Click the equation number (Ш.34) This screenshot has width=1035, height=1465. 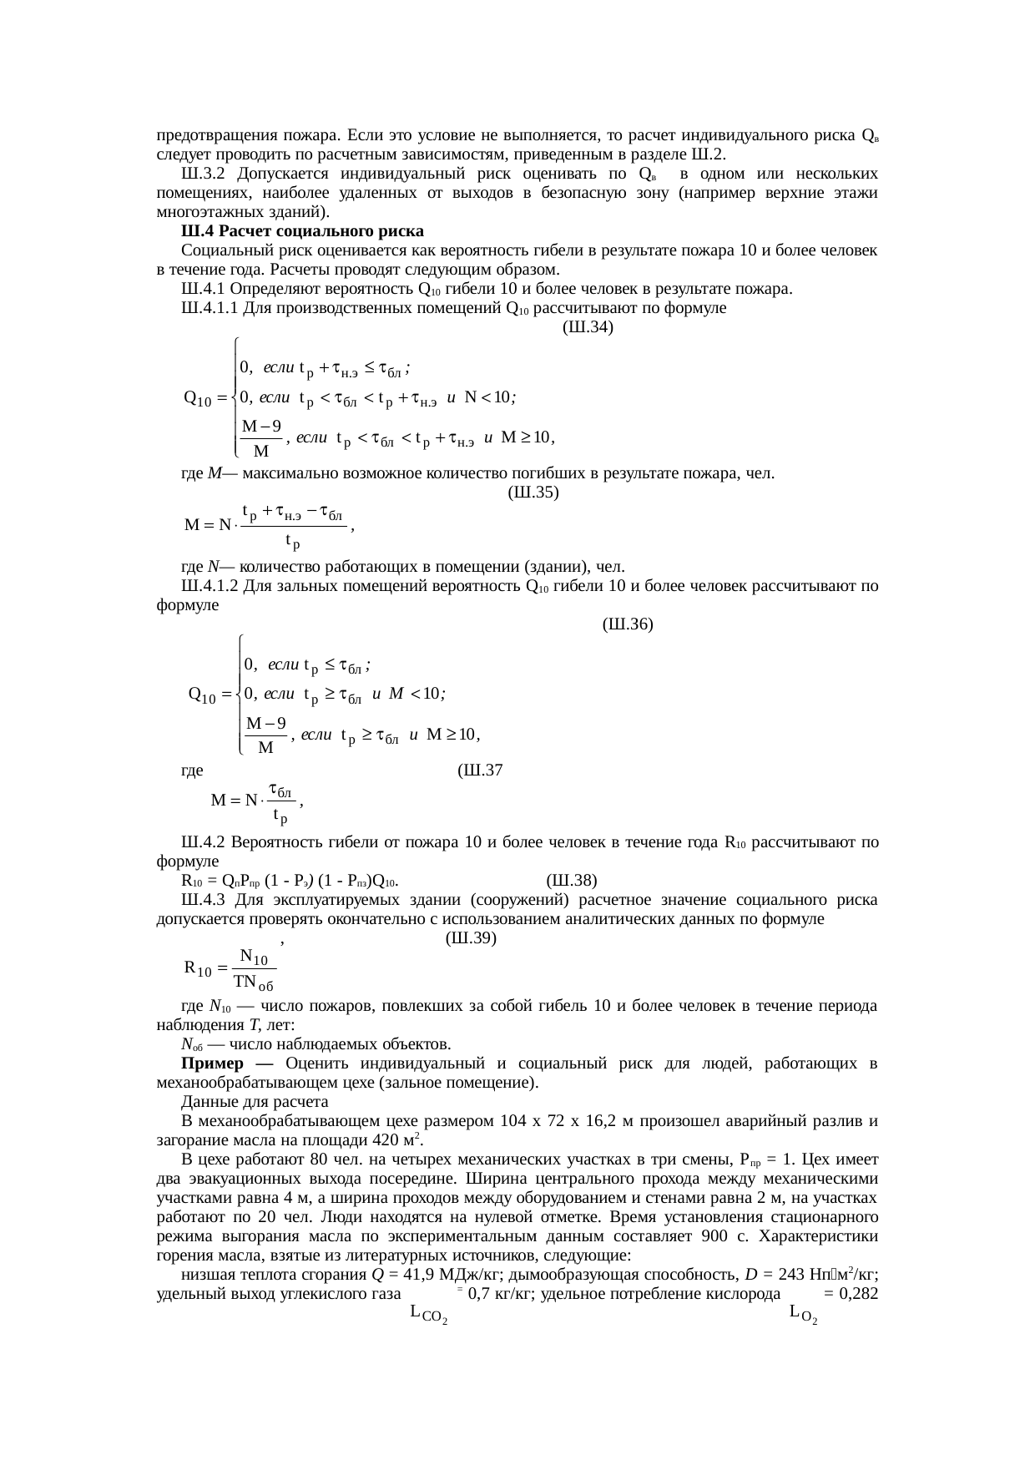tap(588, 327)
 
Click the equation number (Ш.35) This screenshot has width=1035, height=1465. tap(533, 493)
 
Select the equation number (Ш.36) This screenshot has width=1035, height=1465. tap(627, 624)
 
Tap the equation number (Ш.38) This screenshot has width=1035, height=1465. tap(572, 881)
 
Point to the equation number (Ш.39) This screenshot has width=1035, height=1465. tap(472, 938)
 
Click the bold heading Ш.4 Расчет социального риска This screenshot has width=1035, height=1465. tap(302, 230)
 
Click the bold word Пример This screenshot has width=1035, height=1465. tap(213, 1063)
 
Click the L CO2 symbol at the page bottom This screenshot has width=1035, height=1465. tap(429, 1314)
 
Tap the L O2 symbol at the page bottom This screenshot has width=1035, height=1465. tap(802, 1314)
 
